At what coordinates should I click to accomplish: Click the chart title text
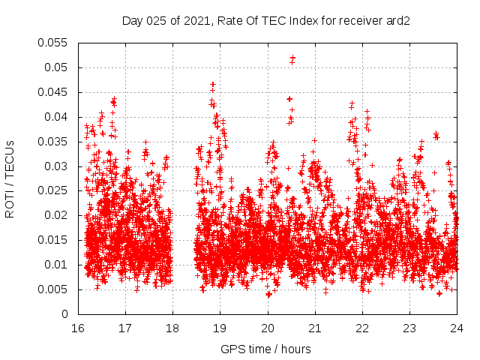[267, 21]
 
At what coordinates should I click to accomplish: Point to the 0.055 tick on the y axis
[52, 43]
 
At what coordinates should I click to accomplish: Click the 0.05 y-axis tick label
[55, 67]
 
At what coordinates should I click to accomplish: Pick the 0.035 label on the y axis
[52, 141]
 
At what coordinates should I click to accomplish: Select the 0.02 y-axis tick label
[55, 215]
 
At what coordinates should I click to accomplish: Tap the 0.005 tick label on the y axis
[52, 289]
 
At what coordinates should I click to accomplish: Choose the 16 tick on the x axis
[77, 328]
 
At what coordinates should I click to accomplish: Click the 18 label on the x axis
[172, 328]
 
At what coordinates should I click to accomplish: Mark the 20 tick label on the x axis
[267, 328]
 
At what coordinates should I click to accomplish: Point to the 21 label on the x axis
[315, 328]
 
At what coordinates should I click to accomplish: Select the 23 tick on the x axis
[409, 328]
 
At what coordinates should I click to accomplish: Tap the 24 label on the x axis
[457, 328]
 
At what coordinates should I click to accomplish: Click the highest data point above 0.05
[292, 57]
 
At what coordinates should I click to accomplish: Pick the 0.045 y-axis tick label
[52, 92]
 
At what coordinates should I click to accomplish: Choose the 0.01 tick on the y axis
[55, 265]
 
